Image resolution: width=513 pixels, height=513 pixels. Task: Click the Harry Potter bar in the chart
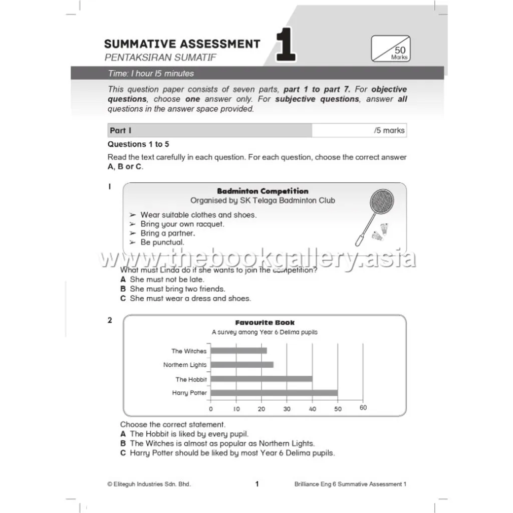pos(274,393)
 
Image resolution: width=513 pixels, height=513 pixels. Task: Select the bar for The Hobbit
pos(261,379)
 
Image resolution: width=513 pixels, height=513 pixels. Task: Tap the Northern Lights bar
pos(241,365)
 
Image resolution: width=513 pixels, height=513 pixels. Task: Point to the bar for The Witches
pos(238,351)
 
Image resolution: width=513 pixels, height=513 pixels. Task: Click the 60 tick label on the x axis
pos(363,408)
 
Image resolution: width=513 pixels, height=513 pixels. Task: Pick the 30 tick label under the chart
pos(287,409)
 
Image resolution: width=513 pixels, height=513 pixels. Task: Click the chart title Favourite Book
pos(265,323)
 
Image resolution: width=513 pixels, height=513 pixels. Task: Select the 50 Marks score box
pos(390,49)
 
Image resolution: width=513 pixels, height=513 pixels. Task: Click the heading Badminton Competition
pos(263,191)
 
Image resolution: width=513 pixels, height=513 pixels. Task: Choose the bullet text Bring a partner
pos(167,233)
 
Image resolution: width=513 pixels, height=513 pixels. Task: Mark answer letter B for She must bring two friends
pos(123,289)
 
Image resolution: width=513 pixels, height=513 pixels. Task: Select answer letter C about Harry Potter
pos(123,453)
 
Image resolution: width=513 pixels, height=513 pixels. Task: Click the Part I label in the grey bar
pos(120,130)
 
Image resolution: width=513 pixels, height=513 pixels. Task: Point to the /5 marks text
pos(389,130)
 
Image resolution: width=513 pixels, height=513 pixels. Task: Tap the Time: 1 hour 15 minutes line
pos(151,74)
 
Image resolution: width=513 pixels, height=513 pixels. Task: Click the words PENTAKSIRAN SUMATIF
pos(160,57)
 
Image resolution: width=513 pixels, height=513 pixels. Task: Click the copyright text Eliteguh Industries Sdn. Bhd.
pos(149,484)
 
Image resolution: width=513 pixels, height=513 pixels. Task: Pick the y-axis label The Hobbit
pos(191,379)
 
